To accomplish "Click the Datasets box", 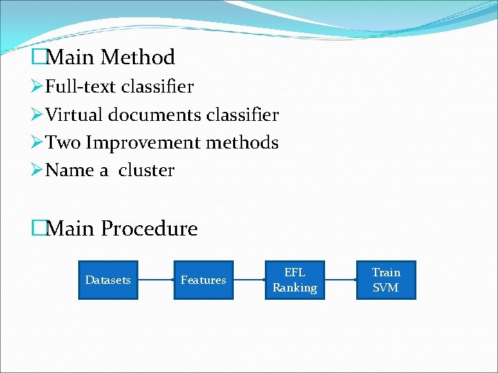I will pos(108,280).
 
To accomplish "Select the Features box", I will pos(203,280).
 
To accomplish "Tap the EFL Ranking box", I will pos(295,280).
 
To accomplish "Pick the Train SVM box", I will pos(386,280).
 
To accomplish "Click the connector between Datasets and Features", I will pos(156,280).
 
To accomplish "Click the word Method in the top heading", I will pos(138,57).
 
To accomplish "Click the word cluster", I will pos(147,171).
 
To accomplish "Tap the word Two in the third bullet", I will pos(64,143).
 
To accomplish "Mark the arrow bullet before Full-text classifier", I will pos(38,87).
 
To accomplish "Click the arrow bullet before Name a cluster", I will pos(38,171).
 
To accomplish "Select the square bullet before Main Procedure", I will pos(38,229).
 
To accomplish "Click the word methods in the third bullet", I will pos(241,143).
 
